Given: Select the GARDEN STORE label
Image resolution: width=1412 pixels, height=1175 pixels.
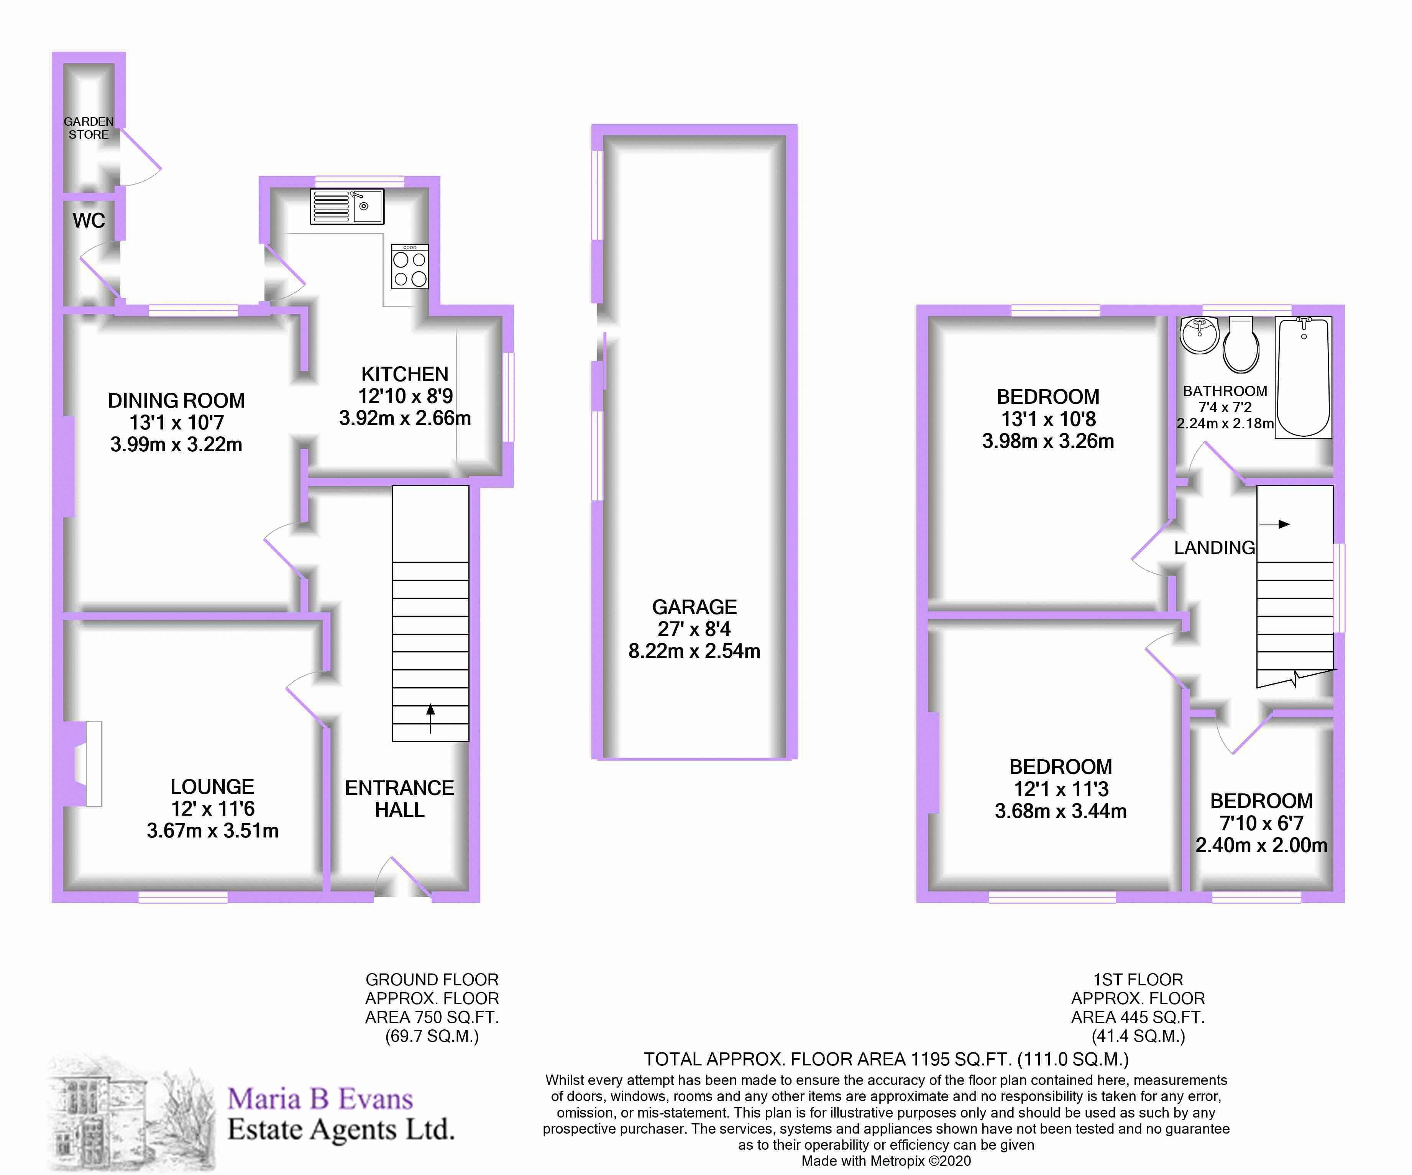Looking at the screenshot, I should pyautogui.click(x=89, y=128).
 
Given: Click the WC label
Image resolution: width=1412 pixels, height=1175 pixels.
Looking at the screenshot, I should pyautogui.click(x=89, y=221).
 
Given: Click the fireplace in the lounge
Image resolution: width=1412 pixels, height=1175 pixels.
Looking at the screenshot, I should pyautogui.click(x=93, y=764).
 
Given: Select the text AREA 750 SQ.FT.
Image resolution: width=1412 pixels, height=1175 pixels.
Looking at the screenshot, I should pyautogui.click(x=432, y=1017).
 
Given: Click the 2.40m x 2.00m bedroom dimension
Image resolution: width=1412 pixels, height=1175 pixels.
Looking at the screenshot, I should pyautogui.click(x=1261, y=845).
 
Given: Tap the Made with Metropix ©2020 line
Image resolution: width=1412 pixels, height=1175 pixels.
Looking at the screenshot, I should pyautogui.click(x=885, y=1161).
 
